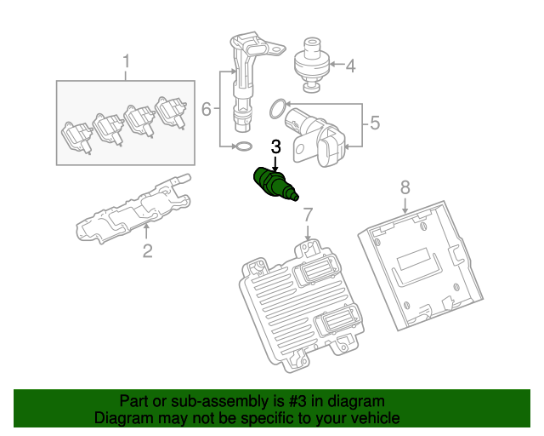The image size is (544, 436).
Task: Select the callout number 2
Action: [x=146, y=250]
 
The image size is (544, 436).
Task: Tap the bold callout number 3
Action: [x=275, y=146]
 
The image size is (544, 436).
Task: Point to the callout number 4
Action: [x=349, y=64]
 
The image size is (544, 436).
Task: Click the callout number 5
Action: [x=375, y=123]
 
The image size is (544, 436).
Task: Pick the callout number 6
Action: [x=206, y=109]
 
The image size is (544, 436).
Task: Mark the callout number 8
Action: [x=405, y=186]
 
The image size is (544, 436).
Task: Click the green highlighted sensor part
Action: [x=275, y=185]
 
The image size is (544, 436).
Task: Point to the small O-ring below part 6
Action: [x=242, y=148]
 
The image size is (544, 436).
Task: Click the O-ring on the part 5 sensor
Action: [x=277, y=108]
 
